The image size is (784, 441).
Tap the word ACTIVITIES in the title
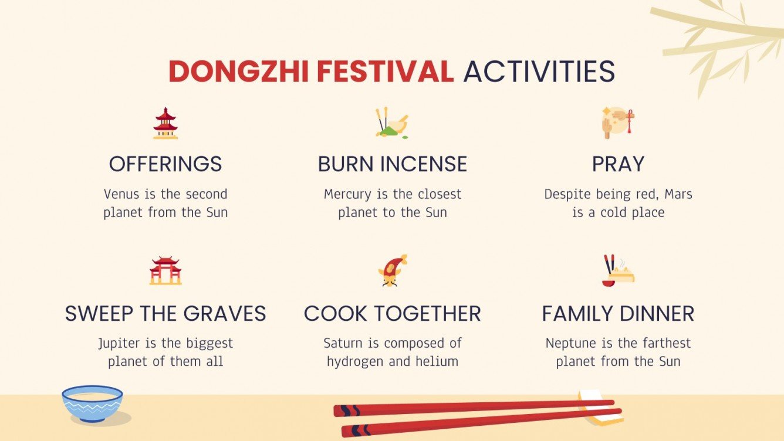click(539, 72)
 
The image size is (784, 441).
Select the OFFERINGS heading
click(165, 164)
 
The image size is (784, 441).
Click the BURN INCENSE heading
click(392, 164)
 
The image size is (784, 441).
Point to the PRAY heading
click(618, 164)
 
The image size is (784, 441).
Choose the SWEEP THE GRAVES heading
click(165, 314)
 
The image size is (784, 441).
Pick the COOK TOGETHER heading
click(392, 314)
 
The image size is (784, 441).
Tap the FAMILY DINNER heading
click(618, 314)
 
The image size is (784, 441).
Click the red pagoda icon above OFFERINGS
click(165, 123)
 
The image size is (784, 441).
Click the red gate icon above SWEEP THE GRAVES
click(165, 270)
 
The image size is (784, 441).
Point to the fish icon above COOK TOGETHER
click(392, 270)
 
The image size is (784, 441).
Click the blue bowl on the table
click(93, 403)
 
